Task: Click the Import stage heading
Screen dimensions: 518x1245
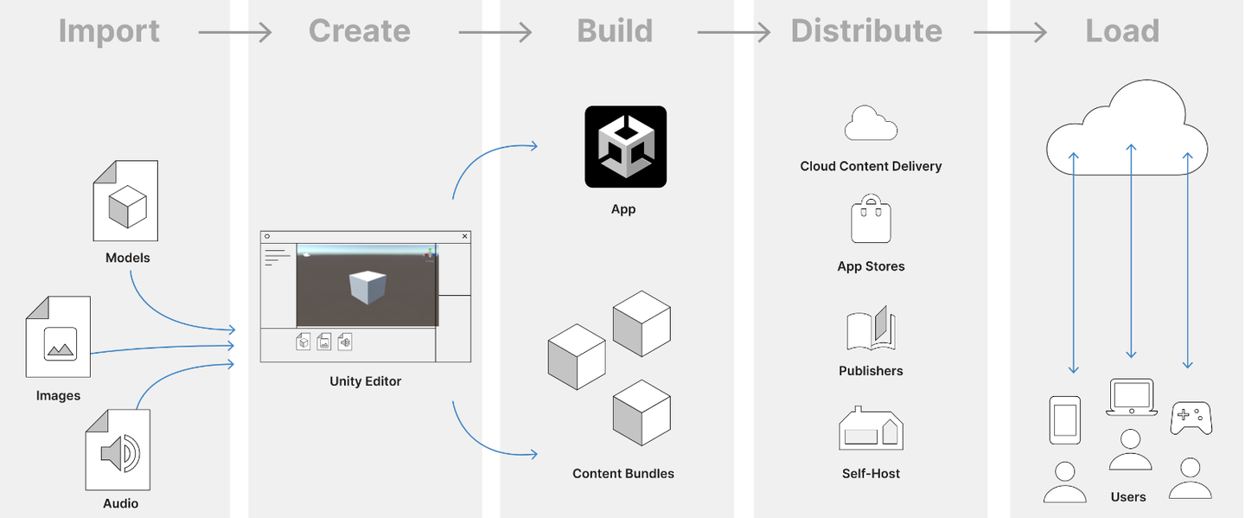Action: pyautogui.click(x=109, y=31)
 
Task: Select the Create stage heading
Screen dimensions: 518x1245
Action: pyautogui.click(x=360, y=31)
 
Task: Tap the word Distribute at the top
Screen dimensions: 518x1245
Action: pyautogui.click(x=866, y=31)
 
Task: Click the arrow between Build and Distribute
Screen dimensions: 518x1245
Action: pyautogui.click(x=733, y=33)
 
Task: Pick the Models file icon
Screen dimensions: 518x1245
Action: pyautogui.click(x=125, y=201)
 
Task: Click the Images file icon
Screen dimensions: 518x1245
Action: pyautogui.click(x=58, y=336)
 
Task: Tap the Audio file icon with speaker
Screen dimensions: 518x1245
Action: pyautogui.click(x=118, y=450)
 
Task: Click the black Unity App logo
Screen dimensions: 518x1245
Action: pyautogui.click(x=625, y=146)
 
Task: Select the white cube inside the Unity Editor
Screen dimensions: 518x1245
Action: pyautogui.click(x=367, y=287)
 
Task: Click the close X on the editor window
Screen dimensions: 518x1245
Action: pyautogui.click(x=465, y=236)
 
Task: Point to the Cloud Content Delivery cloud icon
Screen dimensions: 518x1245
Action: pyautogui.click(x=871, y=124)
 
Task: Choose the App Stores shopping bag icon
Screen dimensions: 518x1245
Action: pyautogui.click(x=871, y=221)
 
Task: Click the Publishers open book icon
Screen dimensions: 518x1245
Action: pyautogui.click(x=871, y=329)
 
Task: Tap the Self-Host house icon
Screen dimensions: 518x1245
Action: pyautogui.click(x=871, y=429)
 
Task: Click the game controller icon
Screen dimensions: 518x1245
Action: pyautogui.click(x=1191, y=418)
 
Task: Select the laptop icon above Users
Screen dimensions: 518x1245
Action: pyautogui.click(x=1131, y=398)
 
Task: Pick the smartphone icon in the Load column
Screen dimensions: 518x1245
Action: pyautogui.click(x=1064, y=420)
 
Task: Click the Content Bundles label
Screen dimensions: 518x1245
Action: pyautogui.click(x=623, y=474)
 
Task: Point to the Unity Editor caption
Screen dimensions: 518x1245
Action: pyautogui.click(x=365, y=381)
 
